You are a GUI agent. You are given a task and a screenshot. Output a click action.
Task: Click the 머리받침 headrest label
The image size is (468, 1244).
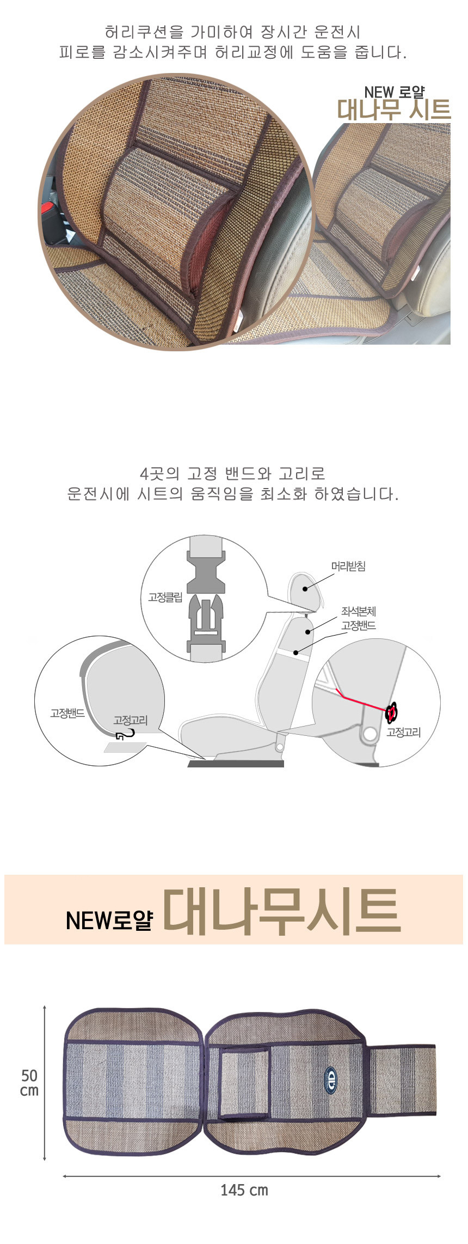(x=348, y=566)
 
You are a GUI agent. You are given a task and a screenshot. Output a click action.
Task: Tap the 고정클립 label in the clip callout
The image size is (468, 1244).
(x=165, y=597)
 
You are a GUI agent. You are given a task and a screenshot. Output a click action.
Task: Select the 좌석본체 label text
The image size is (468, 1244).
(x=359, y=612)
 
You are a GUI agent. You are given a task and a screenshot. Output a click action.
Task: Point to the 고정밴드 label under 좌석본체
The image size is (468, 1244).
(x=359, y=625)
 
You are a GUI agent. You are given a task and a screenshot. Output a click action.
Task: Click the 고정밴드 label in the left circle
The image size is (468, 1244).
(x=67, y=713)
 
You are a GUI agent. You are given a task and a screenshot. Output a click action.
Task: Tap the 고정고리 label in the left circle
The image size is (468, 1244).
(x=131, y=720)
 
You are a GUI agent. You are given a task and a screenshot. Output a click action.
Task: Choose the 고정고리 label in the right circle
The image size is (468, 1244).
(x=404, y=733)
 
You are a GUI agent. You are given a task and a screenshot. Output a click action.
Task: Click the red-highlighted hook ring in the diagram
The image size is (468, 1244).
(x=391, y=712)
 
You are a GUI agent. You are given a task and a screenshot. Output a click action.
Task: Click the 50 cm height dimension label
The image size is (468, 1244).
(x=29, y=1083)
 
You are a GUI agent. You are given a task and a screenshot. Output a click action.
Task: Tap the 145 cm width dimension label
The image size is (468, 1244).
(x=244, y=1190)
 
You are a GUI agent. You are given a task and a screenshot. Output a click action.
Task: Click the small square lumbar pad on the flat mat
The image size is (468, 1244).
(x=245, y=1081)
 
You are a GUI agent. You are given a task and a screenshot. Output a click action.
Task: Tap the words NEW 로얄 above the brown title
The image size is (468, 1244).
(x=395, y=92)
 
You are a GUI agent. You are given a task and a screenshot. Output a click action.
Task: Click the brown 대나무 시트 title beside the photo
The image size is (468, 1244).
(x=394, y=110)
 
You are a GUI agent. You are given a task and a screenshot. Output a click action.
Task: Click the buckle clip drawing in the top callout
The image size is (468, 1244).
(x=206, y=598)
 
